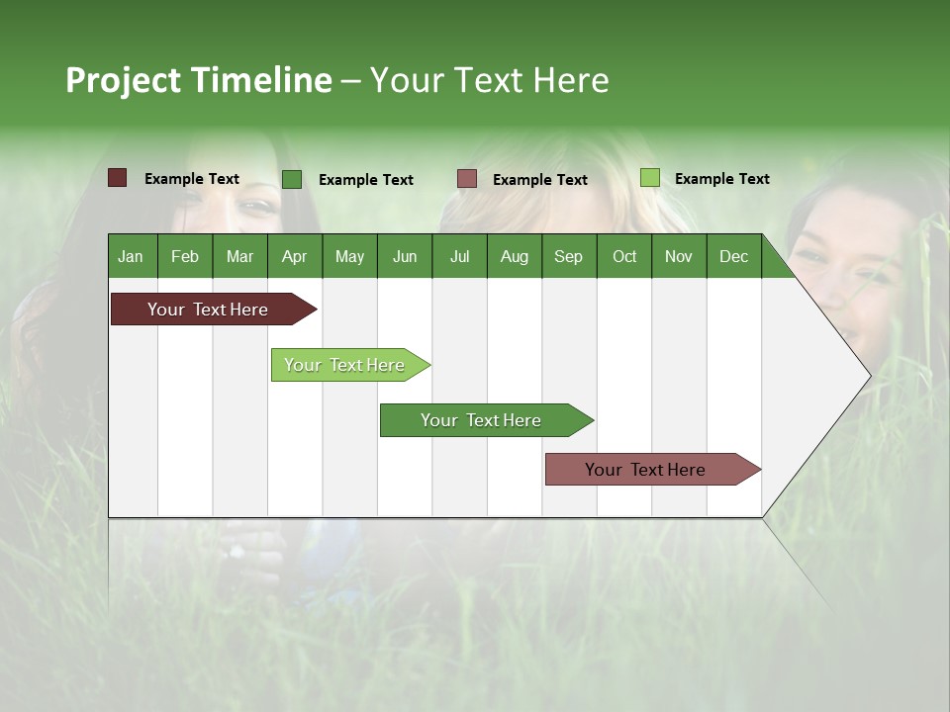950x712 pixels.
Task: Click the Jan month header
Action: pos(131,256)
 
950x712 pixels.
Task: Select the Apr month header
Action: pos(294,256)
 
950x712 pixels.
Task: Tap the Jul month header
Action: pos(459,256)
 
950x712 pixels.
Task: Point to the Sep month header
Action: pos(568,256)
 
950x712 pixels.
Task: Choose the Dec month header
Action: pos(733,256)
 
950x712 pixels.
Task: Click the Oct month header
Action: pos(624,256)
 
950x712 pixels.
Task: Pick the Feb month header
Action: pos(185,256)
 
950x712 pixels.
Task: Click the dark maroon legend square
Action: pos(117,178)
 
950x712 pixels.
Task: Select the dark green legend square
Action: pos(292,179)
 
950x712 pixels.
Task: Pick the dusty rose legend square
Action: pos(467,179)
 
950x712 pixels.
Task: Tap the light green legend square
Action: pos(649,178)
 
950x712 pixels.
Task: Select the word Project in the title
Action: pos(125,80)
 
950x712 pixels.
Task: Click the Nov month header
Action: pos(679,256)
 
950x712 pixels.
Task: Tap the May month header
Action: pos(349,256)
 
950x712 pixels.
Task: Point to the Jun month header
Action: pos(405,256)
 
